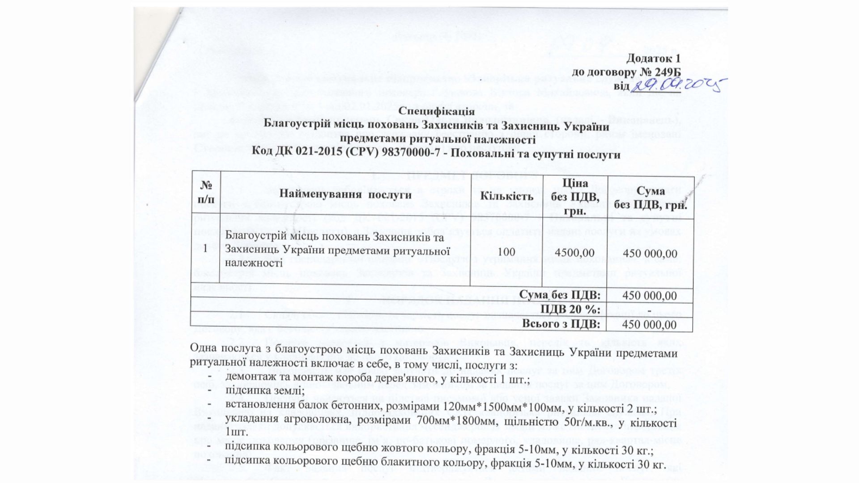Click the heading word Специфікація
(x=436, y=111)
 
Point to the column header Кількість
(x=506, y=196)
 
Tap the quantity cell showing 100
(x=506, y=252)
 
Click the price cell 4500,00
(x=574, y=252)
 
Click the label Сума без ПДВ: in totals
(x=560, y=295)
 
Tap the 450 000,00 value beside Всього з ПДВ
(x=650, y=324)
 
